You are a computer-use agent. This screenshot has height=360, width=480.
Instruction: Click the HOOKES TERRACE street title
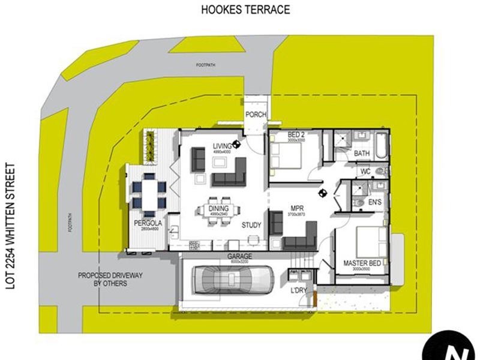pos(246,9)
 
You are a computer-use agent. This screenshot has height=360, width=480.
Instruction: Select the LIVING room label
pos(221,147)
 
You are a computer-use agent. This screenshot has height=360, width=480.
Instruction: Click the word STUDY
pos(252,226)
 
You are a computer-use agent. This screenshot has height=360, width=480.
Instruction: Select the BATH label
pos(362,154)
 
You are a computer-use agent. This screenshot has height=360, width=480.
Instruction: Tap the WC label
pos(365,172)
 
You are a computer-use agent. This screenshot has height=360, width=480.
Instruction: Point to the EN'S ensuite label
pos(375,203)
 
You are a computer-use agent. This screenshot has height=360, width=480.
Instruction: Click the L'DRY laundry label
pos(299,290)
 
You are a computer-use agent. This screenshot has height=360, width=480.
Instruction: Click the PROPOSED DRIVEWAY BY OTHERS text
pos(102,280)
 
